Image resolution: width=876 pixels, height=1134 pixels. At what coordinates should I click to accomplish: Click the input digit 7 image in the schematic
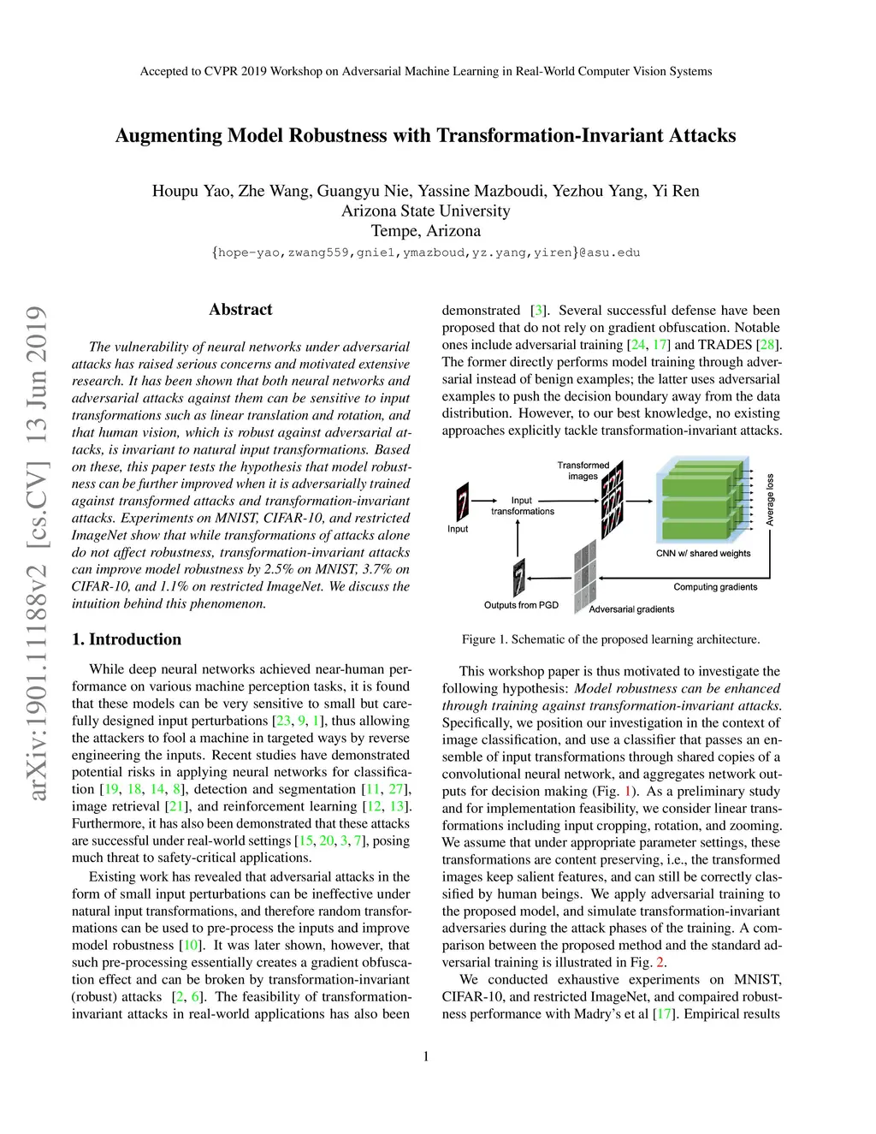pyautogui.click(x=462, y=502)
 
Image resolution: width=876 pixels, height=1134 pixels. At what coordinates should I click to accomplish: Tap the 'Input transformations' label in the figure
pyautogui.click(x=522, y=506)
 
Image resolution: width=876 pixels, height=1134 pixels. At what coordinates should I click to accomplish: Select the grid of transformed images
pyautogui.click(x=612, y=500)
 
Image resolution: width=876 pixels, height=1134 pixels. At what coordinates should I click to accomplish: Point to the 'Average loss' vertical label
pyautogui.click(x=770, y=500)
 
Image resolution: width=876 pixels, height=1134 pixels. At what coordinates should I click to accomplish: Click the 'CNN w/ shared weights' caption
pyautogui.click(x=703, y=554)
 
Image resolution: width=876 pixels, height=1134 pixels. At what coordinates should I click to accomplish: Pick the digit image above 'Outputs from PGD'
pyautogui.click(x=518, y=578)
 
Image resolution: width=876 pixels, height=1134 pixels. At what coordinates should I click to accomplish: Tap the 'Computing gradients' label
pyautogui.click(x=715, y=587)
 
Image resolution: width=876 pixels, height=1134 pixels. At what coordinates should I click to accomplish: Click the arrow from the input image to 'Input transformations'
pyautogui.click(x=485, y=501)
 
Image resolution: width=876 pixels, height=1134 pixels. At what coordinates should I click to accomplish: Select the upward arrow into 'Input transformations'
pyautogui.click(x=518, y=537)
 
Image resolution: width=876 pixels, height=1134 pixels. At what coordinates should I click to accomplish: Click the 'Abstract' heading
pyautogui.click(x=240, y=310)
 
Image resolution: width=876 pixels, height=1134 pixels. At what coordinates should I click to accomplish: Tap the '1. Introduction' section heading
pyautogui.click(x=127, y=639)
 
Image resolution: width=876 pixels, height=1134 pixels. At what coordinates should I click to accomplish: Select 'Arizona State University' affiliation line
pyautogui.click(x=426, y=211)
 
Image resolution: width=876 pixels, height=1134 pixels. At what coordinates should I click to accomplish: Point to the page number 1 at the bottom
pyautogui.click(x=426, y=1056)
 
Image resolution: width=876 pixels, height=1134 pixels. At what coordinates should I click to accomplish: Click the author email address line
pyautogui.click(x=426, y=252)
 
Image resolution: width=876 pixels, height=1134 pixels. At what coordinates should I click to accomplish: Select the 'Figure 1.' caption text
pyautogui.click(x=485, y=639)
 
